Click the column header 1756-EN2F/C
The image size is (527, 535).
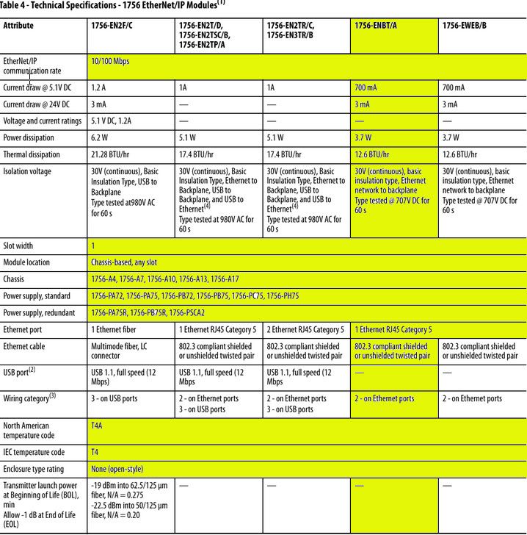click(115, 26)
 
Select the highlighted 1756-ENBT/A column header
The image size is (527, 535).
click(373, 26)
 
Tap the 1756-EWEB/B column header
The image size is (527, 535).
click(465, 26)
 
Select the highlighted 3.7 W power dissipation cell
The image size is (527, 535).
click(364, 137)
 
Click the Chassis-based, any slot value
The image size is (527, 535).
click(124, 262)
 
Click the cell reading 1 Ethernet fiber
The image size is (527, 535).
click(115, 330)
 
